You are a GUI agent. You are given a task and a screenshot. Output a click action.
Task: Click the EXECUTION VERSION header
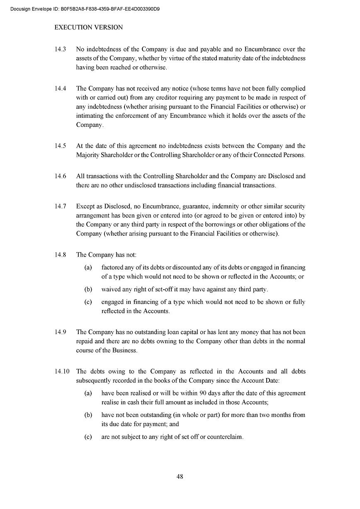88,27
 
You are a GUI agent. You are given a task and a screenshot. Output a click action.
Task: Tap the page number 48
180,476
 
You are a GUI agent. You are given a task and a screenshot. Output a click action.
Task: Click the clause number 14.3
60,49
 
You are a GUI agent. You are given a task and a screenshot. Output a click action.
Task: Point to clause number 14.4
60,89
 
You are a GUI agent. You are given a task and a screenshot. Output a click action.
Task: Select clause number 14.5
60,146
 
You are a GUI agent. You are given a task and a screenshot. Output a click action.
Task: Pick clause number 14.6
60,176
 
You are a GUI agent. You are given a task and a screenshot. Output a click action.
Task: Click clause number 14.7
60,206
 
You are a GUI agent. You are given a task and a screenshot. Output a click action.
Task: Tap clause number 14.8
60,255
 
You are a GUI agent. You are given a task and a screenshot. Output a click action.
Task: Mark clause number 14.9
60,332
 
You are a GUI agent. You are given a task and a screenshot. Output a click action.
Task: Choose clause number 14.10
62,371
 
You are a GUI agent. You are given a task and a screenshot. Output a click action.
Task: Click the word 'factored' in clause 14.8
112,267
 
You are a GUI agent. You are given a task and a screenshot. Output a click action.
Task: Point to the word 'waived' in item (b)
111,289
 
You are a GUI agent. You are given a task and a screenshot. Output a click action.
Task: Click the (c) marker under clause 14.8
88,302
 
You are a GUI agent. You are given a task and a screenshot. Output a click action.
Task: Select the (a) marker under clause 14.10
88,393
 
